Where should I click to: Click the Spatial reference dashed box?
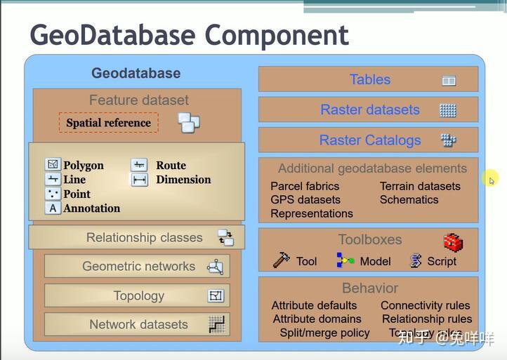click(x=108, y=123)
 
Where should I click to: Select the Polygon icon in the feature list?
click(x=53, y=165)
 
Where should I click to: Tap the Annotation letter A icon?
click(x=53, y=208)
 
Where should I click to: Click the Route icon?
click(x=139, y=165)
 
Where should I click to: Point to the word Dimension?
click(x=183, y=180)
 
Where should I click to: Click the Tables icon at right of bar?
click(x=449, y=81)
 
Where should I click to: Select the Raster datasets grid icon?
click(x=448, y=110)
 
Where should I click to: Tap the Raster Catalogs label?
click(x=370, y=140)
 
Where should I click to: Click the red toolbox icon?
click(x=453, y=242)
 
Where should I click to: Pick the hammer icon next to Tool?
click(x=281, y=260)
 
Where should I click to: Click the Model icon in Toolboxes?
click(x=345, y=260)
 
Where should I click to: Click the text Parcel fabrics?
click(x=305, y=186)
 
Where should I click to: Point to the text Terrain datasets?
click(x=420, y=186)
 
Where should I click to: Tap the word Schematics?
click(x=409, y=199)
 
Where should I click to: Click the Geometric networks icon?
click(x=215, y=267)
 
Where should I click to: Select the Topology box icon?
click(x=216, y=296)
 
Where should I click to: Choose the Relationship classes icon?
click(x=225, y=238)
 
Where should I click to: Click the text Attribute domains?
click(x=317, y=319)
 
